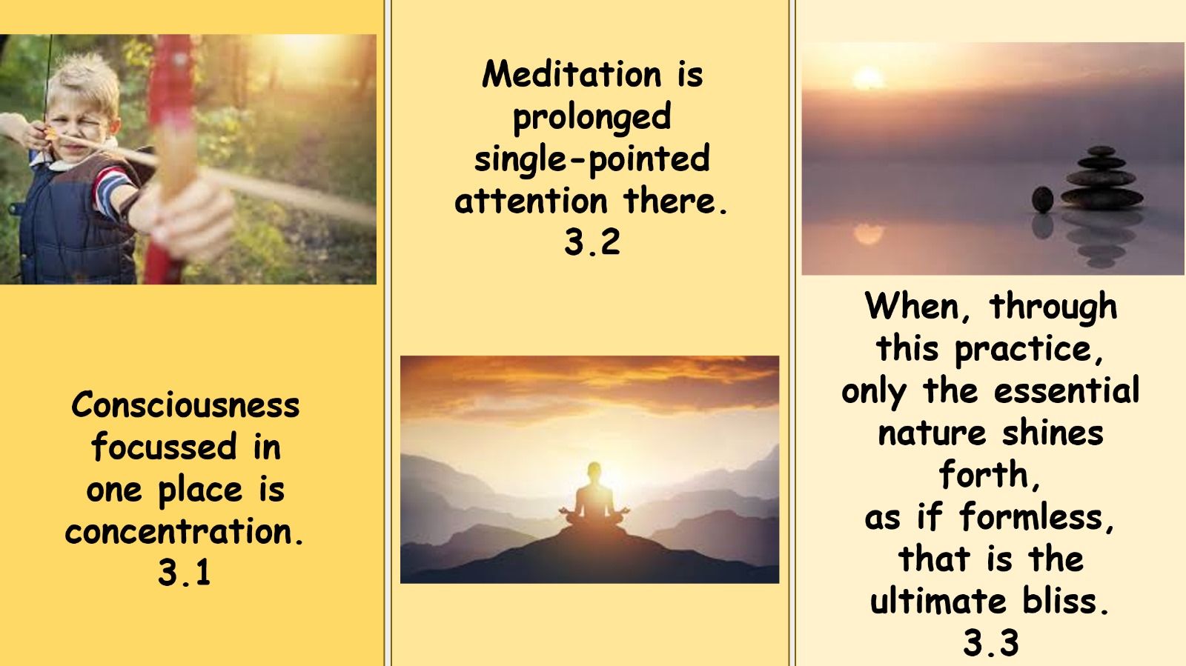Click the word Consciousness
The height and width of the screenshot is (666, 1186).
(x=185, y=405)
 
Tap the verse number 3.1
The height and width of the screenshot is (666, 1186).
(x=185, y=573)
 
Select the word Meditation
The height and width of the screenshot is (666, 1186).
(x=572, y=74)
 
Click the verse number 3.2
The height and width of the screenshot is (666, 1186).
(x=592, y=243)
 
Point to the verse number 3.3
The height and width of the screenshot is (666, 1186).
(x=991, y=643)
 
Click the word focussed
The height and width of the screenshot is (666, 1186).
(x=164, y=447)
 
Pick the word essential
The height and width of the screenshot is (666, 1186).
(x=1067, y=390)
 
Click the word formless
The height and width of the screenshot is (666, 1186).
(x=1037, y=516)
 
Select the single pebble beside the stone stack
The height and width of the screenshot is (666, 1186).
(x=1042, y=200)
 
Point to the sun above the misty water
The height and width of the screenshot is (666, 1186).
(x=868, y=79)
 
